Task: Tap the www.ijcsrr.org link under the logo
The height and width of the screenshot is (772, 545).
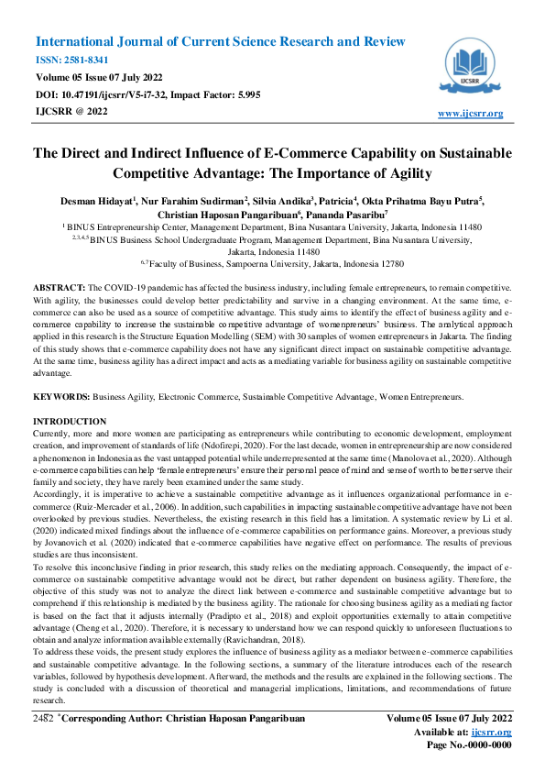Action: (x=471, y=114)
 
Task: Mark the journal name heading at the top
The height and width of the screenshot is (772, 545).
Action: (x=220, y=42)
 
